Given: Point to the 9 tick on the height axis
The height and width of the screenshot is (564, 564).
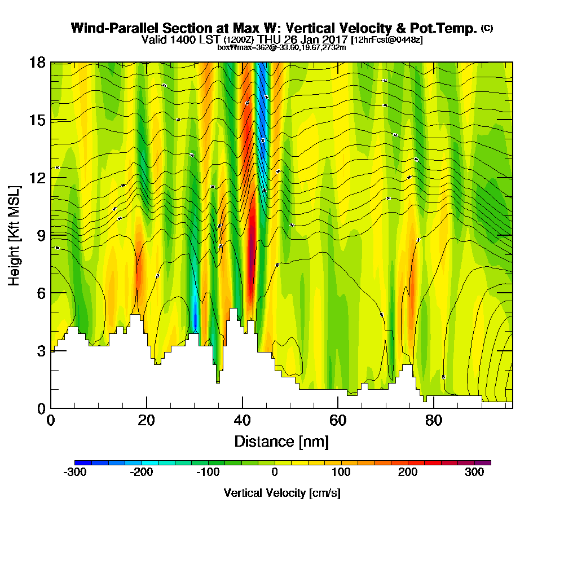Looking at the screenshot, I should tap(51, 235).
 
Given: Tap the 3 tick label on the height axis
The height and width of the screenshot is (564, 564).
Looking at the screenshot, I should tap(40, 350).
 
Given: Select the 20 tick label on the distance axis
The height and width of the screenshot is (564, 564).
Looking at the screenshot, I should tap(147, 421).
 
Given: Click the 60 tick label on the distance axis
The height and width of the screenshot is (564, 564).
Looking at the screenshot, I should tap(337, 421).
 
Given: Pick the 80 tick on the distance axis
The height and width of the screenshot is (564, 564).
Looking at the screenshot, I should tap(433, 408).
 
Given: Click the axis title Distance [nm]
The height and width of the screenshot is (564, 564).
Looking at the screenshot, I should tap(281, 441).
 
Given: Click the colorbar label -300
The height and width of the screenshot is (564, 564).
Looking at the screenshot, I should tap(74, 473).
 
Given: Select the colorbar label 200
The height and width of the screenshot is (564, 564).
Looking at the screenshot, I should tap(407, 473).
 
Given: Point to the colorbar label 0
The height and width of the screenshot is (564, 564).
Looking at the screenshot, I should tap(274, 473).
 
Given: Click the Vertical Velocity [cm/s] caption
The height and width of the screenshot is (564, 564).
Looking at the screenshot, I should tap(282, 493).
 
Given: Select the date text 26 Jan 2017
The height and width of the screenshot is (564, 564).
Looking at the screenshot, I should tap(317, 39).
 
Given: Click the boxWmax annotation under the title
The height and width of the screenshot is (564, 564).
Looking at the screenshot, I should tap(281, 47).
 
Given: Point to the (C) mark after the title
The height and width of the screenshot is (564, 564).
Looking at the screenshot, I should tap(487, 28).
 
